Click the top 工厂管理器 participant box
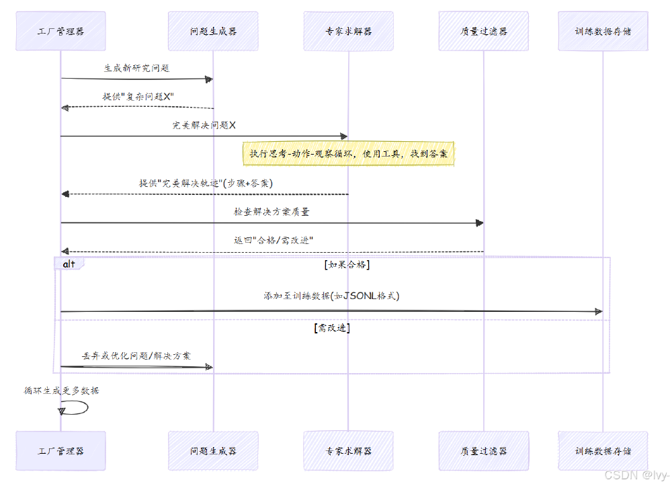tap(60, 31)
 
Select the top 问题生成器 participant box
tap(213, 31)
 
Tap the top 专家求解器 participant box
tap(348, 31)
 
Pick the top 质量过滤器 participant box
tap(483, 31)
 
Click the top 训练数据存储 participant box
tap(603, 31)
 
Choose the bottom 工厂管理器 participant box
tap(60, 450)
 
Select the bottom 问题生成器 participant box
tap(213, 450)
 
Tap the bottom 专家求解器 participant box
tap(348, 450)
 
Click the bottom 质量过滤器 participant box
tap(483, 450)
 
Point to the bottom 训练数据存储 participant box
tap(603, 450)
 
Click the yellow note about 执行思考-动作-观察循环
tap(348, 154)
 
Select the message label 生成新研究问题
tap(136, 69)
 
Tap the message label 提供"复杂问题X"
tap(138, 97)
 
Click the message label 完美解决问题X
tap(204, 126)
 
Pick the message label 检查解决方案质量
tap(271, 212)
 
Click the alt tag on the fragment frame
tap(69, 264)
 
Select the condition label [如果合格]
tap(346, 265)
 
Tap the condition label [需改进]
tap(331, 329)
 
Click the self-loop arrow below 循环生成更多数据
tap(75, 407)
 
